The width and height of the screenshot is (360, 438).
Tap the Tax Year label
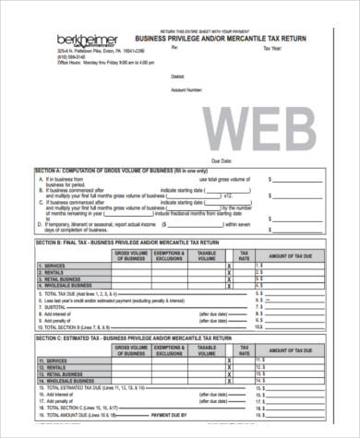(273, 48)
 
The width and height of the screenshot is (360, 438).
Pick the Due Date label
(222, 160)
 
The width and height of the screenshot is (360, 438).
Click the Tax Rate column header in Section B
(245, 254)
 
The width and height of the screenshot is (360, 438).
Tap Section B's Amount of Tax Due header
(292, 254)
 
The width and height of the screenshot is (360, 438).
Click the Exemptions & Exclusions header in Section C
(168, 350)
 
